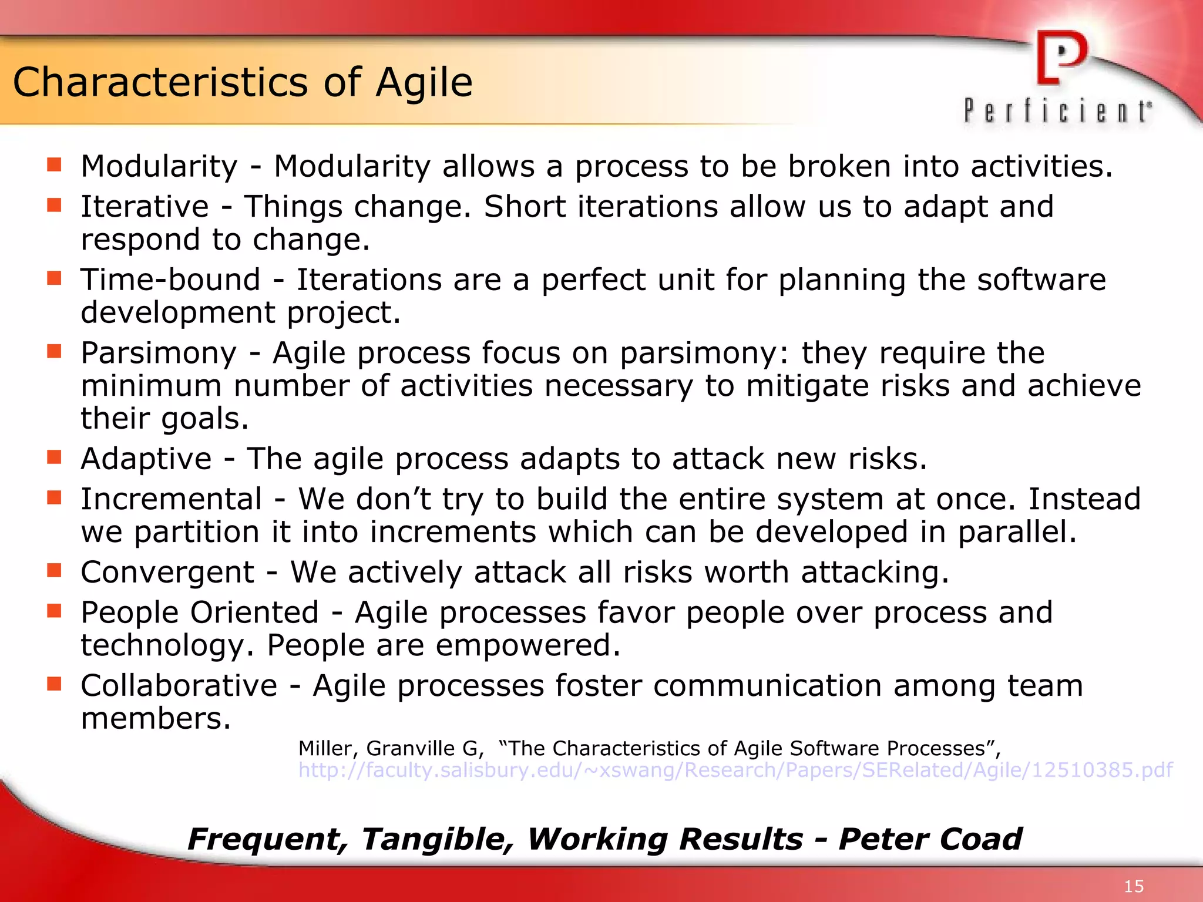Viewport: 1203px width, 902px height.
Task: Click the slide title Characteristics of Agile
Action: [x=243, y=82]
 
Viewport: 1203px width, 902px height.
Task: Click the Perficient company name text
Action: [x=1057, y=111]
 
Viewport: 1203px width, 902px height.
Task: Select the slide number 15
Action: [x=1133, y=886]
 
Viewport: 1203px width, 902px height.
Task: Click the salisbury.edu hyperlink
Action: [x=735, y=770]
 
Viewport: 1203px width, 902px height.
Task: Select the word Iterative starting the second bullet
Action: [x=145, y=207]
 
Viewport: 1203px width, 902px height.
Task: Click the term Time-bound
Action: [x=170, y=280]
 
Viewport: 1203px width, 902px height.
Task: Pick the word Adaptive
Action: [x=146, y=459]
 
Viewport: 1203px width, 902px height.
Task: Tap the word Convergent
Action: [x=167, y=573]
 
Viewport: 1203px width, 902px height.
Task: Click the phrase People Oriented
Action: [x=200, y=612]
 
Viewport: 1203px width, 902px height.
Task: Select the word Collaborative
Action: [x=179, y=686]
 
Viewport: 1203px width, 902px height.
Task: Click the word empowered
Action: [x=527, y=646]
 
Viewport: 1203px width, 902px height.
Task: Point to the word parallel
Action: [x=1016, y=533]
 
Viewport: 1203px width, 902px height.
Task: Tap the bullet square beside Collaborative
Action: [x=55, y=684]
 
